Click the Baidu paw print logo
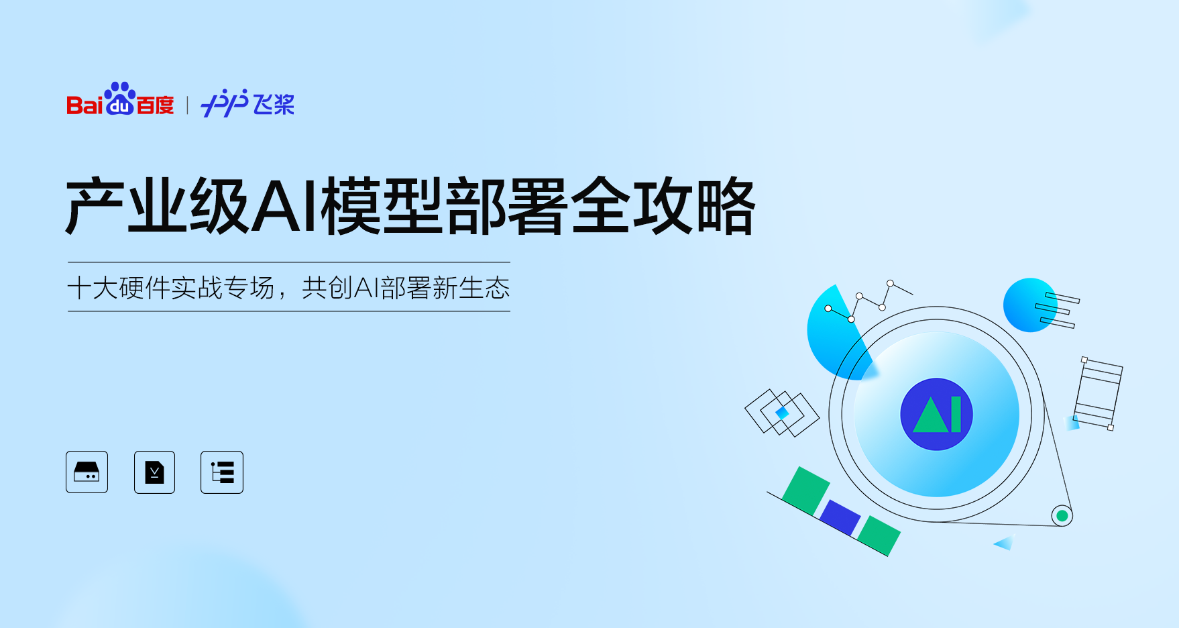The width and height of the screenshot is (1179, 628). coord(121,99)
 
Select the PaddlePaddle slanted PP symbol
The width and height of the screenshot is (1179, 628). coord(225,103)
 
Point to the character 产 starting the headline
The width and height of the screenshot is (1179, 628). coord(95,206)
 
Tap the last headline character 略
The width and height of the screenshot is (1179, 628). coord(726,206)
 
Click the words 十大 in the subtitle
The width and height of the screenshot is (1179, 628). coord(93,288)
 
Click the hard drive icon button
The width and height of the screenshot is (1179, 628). coord(87,472)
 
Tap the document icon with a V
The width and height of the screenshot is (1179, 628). coord(154,472)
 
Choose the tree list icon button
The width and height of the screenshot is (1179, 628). coord(222,472)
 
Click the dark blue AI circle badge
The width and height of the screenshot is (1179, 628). coord(936,414)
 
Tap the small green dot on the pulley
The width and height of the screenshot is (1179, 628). coord(1062,516)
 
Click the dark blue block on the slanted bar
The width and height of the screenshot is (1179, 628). coord(840,517)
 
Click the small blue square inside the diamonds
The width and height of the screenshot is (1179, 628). coord(782,413)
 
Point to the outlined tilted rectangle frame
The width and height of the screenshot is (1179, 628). coord(1098,394)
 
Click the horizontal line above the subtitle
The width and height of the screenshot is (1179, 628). coord(289,262)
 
